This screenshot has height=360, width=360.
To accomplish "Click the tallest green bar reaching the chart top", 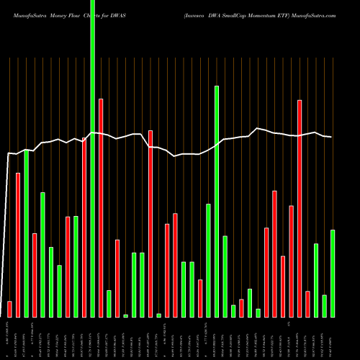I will coord(92,158).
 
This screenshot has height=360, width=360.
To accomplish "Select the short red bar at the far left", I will coord(9,309).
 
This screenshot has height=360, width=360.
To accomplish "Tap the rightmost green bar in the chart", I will coord(332,274).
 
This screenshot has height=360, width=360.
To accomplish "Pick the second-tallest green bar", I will coord(216,202).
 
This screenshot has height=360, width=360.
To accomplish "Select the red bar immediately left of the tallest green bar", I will coord(84,227).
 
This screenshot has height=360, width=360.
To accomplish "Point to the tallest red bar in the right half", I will coord(299,209).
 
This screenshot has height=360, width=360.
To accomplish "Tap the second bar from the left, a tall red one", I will coord(18,245).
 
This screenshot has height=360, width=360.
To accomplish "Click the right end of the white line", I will coord(332,137).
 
